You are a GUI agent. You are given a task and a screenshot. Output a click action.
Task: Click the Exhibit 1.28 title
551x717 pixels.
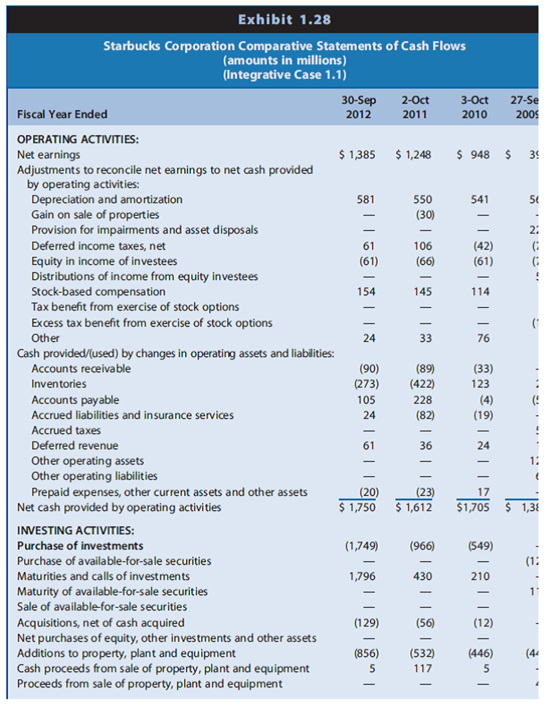click(284, 20)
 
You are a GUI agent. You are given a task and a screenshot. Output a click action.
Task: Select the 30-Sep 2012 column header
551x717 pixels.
click(358, 107)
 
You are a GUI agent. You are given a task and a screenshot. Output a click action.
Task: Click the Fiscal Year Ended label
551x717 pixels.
click(62, 114)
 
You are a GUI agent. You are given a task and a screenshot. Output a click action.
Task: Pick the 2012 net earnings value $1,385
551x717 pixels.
click(357, 155)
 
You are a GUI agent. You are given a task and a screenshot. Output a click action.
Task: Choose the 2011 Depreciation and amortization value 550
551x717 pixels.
click(422, 199)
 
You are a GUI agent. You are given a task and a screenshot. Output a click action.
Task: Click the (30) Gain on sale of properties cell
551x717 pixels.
click(425, 214)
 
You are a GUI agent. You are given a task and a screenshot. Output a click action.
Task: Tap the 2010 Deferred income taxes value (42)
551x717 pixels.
click(483, 246)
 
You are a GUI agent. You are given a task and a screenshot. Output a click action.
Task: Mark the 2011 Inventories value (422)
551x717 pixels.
click(422, 384)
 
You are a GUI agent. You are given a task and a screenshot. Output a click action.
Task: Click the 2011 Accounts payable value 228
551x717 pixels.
click(422, 400)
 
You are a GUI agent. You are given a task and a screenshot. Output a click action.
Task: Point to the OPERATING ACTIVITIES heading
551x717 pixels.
click(78, 139)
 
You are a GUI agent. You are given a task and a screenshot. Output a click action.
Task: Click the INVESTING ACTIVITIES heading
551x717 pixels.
click(76, 530)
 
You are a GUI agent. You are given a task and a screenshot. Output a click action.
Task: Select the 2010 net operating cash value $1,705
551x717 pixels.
click(473, 507)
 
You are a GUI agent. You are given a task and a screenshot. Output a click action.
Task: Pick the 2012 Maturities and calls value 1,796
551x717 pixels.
click(362, 576)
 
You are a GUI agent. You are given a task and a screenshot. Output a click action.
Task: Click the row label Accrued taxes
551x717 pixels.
click(66, 430)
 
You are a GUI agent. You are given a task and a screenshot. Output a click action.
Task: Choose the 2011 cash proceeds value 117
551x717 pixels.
click(422, 668)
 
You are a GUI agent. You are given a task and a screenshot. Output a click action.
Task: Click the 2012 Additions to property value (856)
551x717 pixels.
click(366, 653)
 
